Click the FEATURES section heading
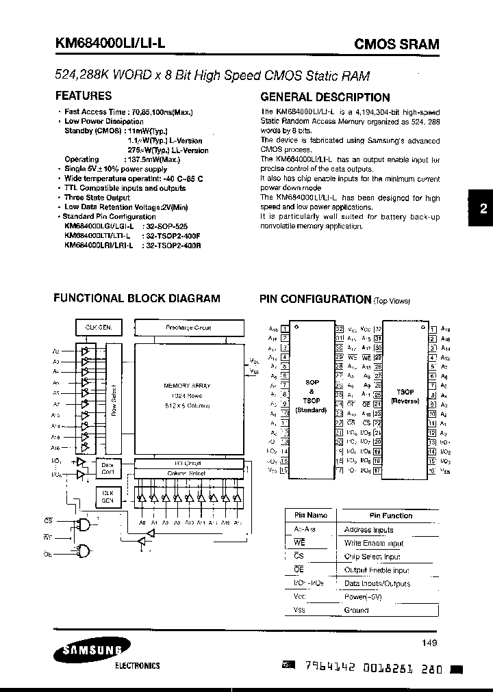(83, 96)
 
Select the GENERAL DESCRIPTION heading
(325, 97)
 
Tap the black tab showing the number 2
(483, 227)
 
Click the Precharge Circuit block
(188, 328)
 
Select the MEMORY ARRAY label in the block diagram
(186, 386)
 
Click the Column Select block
(186, 473)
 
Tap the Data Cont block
(108, 468)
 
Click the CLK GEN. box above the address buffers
(98, 328)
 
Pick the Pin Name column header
(311, 516)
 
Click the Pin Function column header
(390, 516)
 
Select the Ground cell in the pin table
(356, 610)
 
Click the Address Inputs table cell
(368, 529)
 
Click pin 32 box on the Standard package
(339, 329)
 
